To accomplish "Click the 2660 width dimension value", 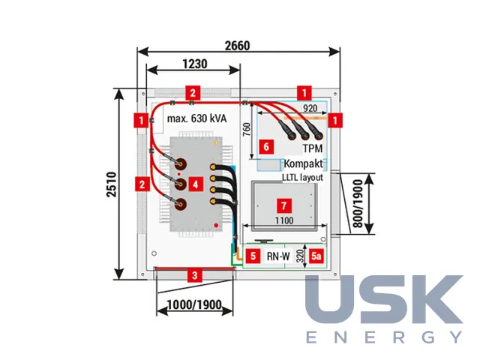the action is click(x=238, y=46).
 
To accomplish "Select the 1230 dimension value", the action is click(x=195, y=64).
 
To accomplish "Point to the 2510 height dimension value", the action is click(x=112, y=184).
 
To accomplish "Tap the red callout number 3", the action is click(x=195, y=275).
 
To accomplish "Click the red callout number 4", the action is click(x=196, y=184).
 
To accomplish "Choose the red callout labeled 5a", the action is click(x=316, y=256).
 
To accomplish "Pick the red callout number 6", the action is click(x=266, y=147).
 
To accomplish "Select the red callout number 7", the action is click(x=283, y=205).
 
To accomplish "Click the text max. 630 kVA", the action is click(x=196, y=118).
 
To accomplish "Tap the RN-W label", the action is click(x=278, y=256).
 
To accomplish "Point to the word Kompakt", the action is click(x=303, y=163).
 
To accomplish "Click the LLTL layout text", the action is click(x=302, y=178).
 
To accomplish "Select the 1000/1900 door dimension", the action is click(x=195, y=305).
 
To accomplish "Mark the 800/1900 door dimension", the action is click(x=358, y=203).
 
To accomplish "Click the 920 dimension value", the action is click(x=310, y=108).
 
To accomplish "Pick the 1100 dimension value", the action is click(x=284, y=220).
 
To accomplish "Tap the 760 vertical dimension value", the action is click(x=247, y=130).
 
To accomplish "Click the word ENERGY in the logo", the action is click(x=385, y=337).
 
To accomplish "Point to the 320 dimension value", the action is click(x=300, y=256).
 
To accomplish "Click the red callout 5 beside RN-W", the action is click(x=253, y=256).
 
